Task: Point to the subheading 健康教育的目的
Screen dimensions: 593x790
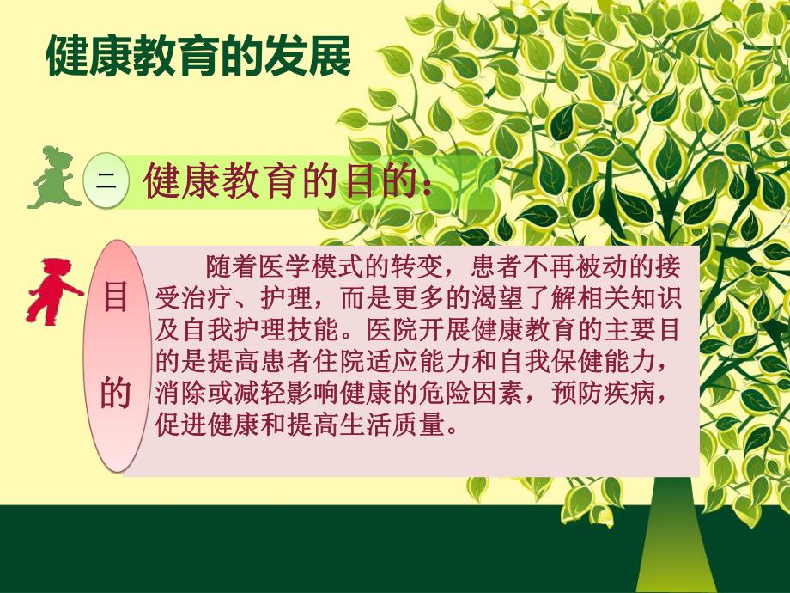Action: pyautogui.click(x=275, y=181)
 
